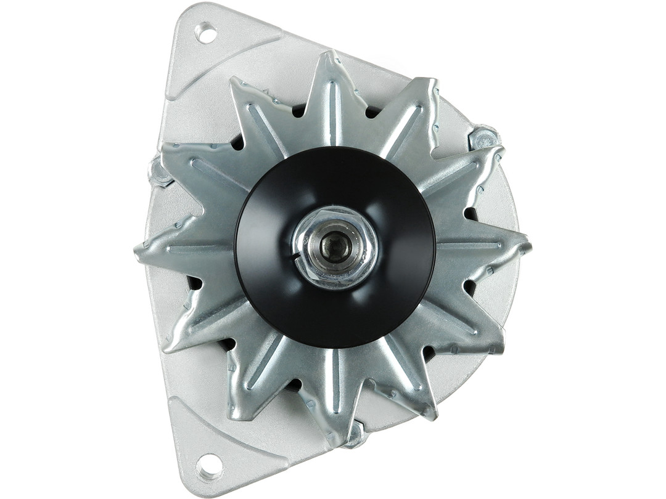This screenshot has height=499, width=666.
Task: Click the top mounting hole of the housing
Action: (x=206, y=33)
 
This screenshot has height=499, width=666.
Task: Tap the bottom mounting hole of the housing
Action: (x=208, y=466)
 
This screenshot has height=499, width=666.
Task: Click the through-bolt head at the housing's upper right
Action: (x=484, y=137)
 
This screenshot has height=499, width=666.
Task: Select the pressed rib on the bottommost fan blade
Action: (x=336, y=388)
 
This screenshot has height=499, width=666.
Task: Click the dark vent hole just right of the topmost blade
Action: (x=372, y=112)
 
